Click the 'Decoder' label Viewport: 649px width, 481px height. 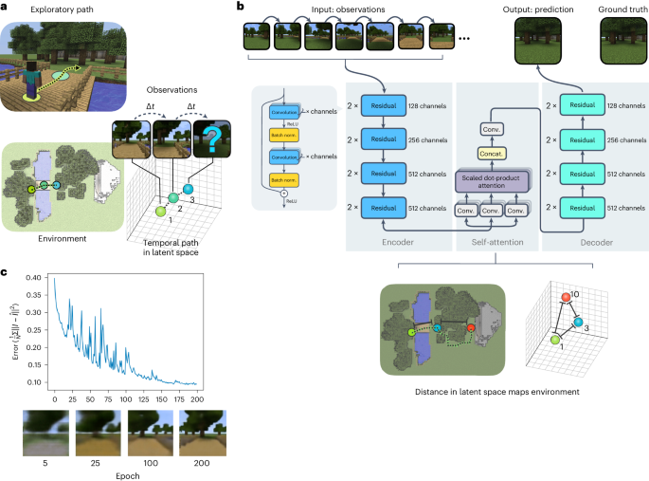(588, 242)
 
